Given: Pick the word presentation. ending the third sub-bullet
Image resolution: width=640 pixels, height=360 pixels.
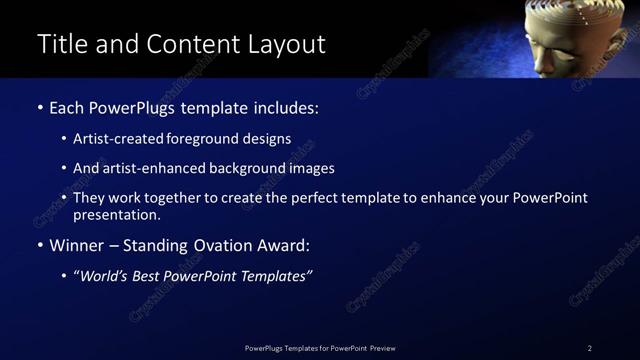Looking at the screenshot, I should pos(117,214).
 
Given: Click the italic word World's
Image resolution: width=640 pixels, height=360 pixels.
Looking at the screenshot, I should pos(106,276).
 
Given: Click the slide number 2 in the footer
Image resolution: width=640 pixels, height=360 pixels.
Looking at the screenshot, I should pos(590,348).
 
